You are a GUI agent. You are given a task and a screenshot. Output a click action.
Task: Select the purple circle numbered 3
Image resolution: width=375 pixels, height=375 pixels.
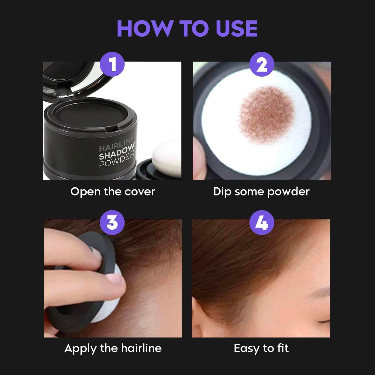tap(112, 222)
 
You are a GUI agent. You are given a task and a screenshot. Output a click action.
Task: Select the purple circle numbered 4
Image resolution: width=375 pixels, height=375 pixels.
tap(262, 222)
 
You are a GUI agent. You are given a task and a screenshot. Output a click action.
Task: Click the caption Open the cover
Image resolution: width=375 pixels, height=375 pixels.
tap(113, 192)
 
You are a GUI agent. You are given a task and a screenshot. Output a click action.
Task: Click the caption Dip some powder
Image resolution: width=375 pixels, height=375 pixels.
tap(261, 192)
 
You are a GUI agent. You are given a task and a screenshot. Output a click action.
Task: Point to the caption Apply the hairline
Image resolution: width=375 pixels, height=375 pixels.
tap(113, 348)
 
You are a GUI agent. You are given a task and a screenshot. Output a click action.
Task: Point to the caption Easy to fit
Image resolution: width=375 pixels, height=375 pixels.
tap(261, 348)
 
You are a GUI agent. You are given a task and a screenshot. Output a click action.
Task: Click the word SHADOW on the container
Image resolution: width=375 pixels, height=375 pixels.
tap(117, 152)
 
